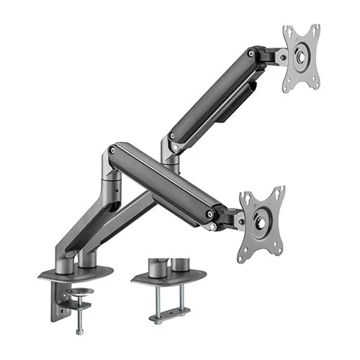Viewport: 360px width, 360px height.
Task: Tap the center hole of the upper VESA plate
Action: click(301, 57)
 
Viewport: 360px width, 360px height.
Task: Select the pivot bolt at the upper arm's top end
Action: click(251, 53)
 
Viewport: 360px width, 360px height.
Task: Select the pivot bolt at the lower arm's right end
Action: click(210, 214)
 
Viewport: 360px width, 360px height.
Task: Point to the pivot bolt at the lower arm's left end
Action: click(112, 150)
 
